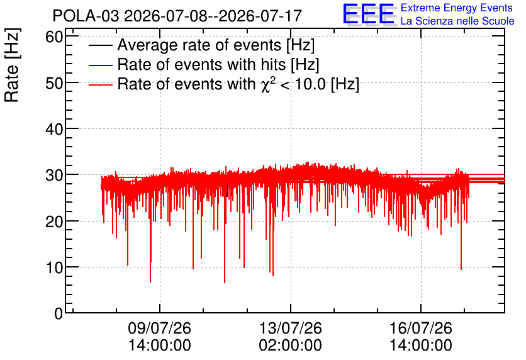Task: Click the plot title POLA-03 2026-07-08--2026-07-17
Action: pyautogui.click(x=177, y=16)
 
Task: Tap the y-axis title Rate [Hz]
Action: pyautogui.click(x=12, y=65)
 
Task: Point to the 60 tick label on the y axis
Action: pyautogui.click(x=54, y=37)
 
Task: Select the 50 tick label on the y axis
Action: pyautogui.click(x=54, y=83)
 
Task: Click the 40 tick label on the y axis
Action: pyautogui.click(x=54, y=129)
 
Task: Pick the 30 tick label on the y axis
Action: pyautogui.click(x=54, y=175)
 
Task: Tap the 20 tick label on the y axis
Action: pyautogui.click(x=54, y=221)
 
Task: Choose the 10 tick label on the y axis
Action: pyautogui.click(x=54, y=267)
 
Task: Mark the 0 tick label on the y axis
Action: pyautogui.click(x=59, y=313)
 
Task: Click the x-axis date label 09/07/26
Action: pyautogui.click(x=160, y=328)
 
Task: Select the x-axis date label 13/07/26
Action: pyautogui.click(x=291, y=328)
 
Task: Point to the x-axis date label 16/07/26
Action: pyautogui.click(x=421, y=328)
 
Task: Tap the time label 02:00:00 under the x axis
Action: pyautogui.click(x=291, y=345)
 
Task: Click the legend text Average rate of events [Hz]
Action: pyautogui.click(x=216, y=45)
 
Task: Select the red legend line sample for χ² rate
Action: pyautogui.click(x=100, y=84)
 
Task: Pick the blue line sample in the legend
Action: pyautogui.click(x=100, y=65)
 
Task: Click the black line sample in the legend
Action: pyautogui.click(x=100, y=45)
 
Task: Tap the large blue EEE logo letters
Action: pyautogui.click(x=369, y=14)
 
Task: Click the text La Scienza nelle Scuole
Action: pyautogui.click(x=457, y=21)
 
